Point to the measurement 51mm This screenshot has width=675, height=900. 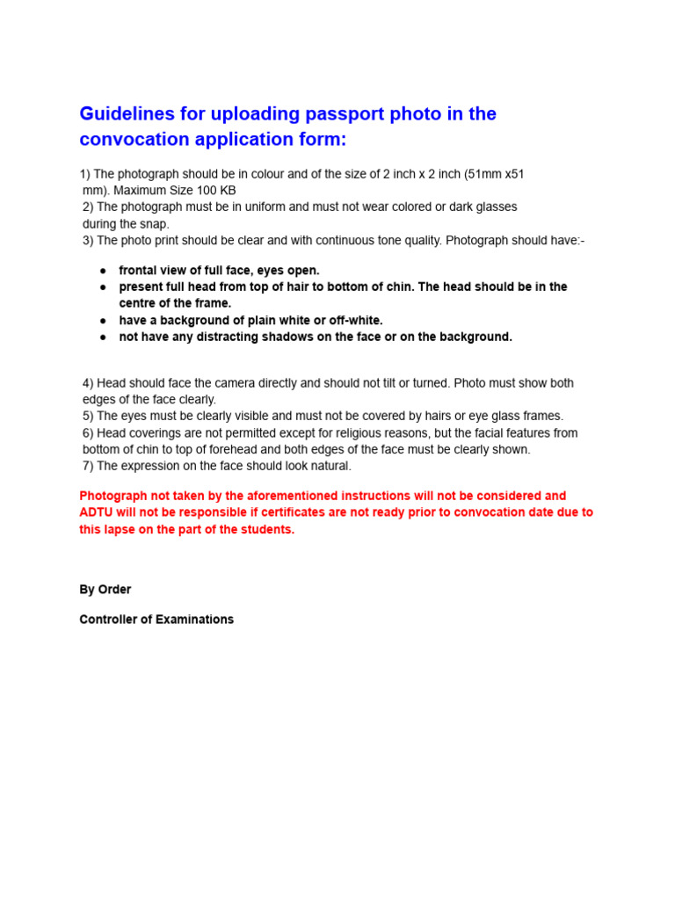482,174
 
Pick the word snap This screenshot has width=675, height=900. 155,224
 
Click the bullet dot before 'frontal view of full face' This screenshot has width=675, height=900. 103,271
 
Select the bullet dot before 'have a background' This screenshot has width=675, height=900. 103,321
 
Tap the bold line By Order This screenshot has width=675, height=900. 105,590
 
